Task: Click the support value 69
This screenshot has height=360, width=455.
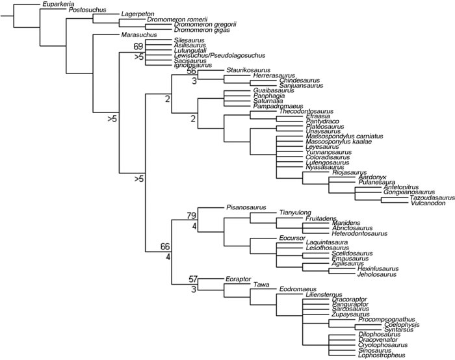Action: [138, 46]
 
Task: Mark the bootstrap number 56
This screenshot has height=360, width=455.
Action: [192, 72]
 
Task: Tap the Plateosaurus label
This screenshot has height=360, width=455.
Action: [299, 127]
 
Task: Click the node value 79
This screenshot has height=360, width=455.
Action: [192, 215]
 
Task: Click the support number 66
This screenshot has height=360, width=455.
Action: [166, 246]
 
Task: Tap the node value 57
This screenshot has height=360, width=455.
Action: [192, 278]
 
